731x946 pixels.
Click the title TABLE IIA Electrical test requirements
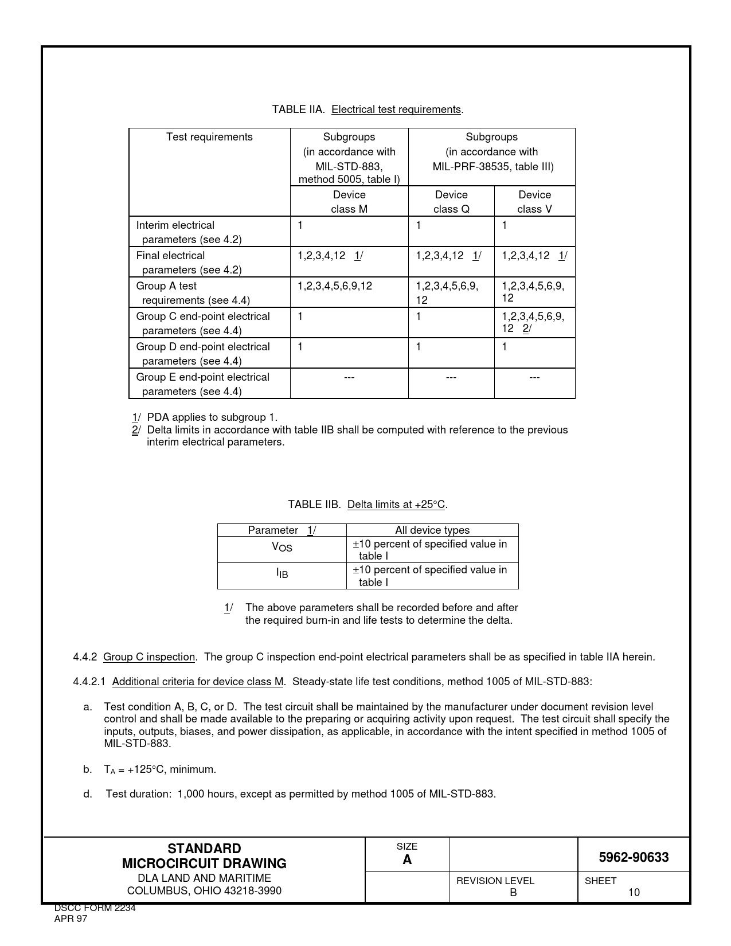coord(368,110)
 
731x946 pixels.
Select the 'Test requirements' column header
coord(209,137)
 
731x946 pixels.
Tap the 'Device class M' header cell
coord(349,202)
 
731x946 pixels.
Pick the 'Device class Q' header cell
coord(451,202)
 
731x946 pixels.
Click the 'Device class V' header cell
coord(534,202)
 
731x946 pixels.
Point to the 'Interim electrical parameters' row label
coord(189,232)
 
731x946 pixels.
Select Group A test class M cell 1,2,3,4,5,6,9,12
coord(335,286)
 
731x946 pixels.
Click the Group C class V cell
coord(533,322)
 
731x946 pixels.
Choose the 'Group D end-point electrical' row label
coord(203,347)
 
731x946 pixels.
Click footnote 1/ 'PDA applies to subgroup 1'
coord(205,417)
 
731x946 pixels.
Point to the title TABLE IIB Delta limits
coord(368,505)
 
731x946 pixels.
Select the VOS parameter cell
coord(282,548)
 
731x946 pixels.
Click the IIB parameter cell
coord(282,573)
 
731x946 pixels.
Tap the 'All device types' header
coord(432,530)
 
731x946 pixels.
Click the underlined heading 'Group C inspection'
coord(149,657)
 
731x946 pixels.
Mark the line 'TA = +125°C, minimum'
coord(160,769)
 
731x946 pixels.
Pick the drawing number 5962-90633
coord(634,857)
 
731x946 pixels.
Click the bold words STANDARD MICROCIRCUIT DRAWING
coord(204,856)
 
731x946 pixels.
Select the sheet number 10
coord(634,892)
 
